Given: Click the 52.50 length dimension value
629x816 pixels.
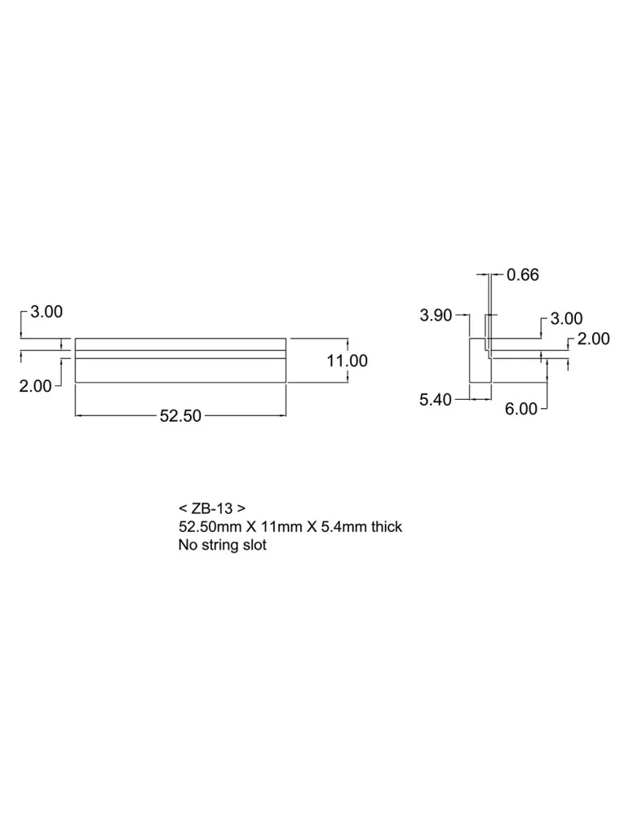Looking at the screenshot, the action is pyautogui.click(x=180, y=416).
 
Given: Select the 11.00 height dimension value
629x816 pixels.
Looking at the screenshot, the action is pyautogui.click(x=347, y=361).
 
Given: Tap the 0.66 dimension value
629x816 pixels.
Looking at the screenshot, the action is pyautogui.click(x=523, y=275).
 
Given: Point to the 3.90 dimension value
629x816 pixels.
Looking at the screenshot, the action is pyautogui.click(x=436, y=315).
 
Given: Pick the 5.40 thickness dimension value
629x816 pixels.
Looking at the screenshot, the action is pyautogui.click(x=436, y=400).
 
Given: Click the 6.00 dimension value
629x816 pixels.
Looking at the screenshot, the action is pyautogui.click(x=520, y=409).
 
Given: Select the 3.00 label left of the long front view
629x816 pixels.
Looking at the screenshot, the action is pyautogui.click(x=47, y=312).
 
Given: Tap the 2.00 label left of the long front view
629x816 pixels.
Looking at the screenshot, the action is pyautogui.click(x=35, y=386).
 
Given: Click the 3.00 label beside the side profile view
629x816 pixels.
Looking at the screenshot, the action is pyautogui.click(x=566, y=318).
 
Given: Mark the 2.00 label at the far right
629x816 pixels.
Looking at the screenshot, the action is pyautogui.click(x=594, y=339).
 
